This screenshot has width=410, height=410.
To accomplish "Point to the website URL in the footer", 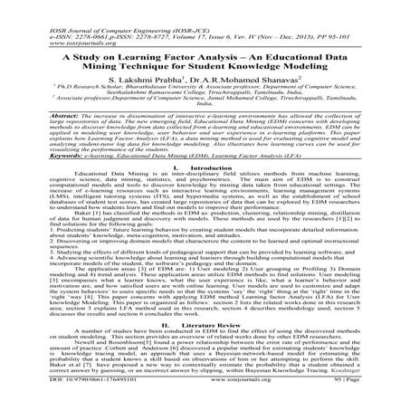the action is tap(206, 402).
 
